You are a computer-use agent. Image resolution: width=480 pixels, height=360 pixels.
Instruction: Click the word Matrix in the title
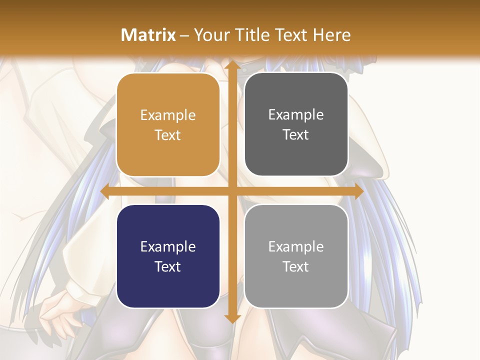(x=148, y=35)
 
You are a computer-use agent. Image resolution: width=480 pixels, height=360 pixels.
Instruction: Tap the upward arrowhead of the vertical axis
(x=231, y=65)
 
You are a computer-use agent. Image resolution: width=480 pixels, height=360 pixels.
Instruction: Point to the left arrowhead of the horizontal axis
(x=105, y=191)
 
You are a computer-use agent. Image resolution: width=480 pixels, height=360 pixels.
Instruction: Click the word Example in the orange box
(x=168, y=115)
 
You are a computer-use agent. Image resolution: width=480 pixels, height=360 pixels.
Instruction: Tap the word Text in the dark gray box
(x=296, y=135)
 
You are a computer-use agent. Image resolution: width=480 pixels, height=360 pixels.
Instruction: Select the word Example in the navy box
(x=168, y=246)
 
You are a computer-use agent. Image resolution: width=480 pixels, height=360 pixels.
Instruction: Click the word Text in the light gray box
(x=296, y=266)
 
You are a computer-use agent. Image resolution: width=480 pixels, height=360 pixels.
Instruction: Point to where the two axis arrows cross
(x=231, y=191)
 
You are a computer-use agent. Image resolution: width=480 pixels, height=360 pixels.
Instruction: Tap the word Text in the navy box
(x=168, y=266)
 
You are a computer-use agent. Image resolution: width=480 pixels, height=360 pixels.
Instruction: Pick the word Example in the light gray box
(x=296, y=246)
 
